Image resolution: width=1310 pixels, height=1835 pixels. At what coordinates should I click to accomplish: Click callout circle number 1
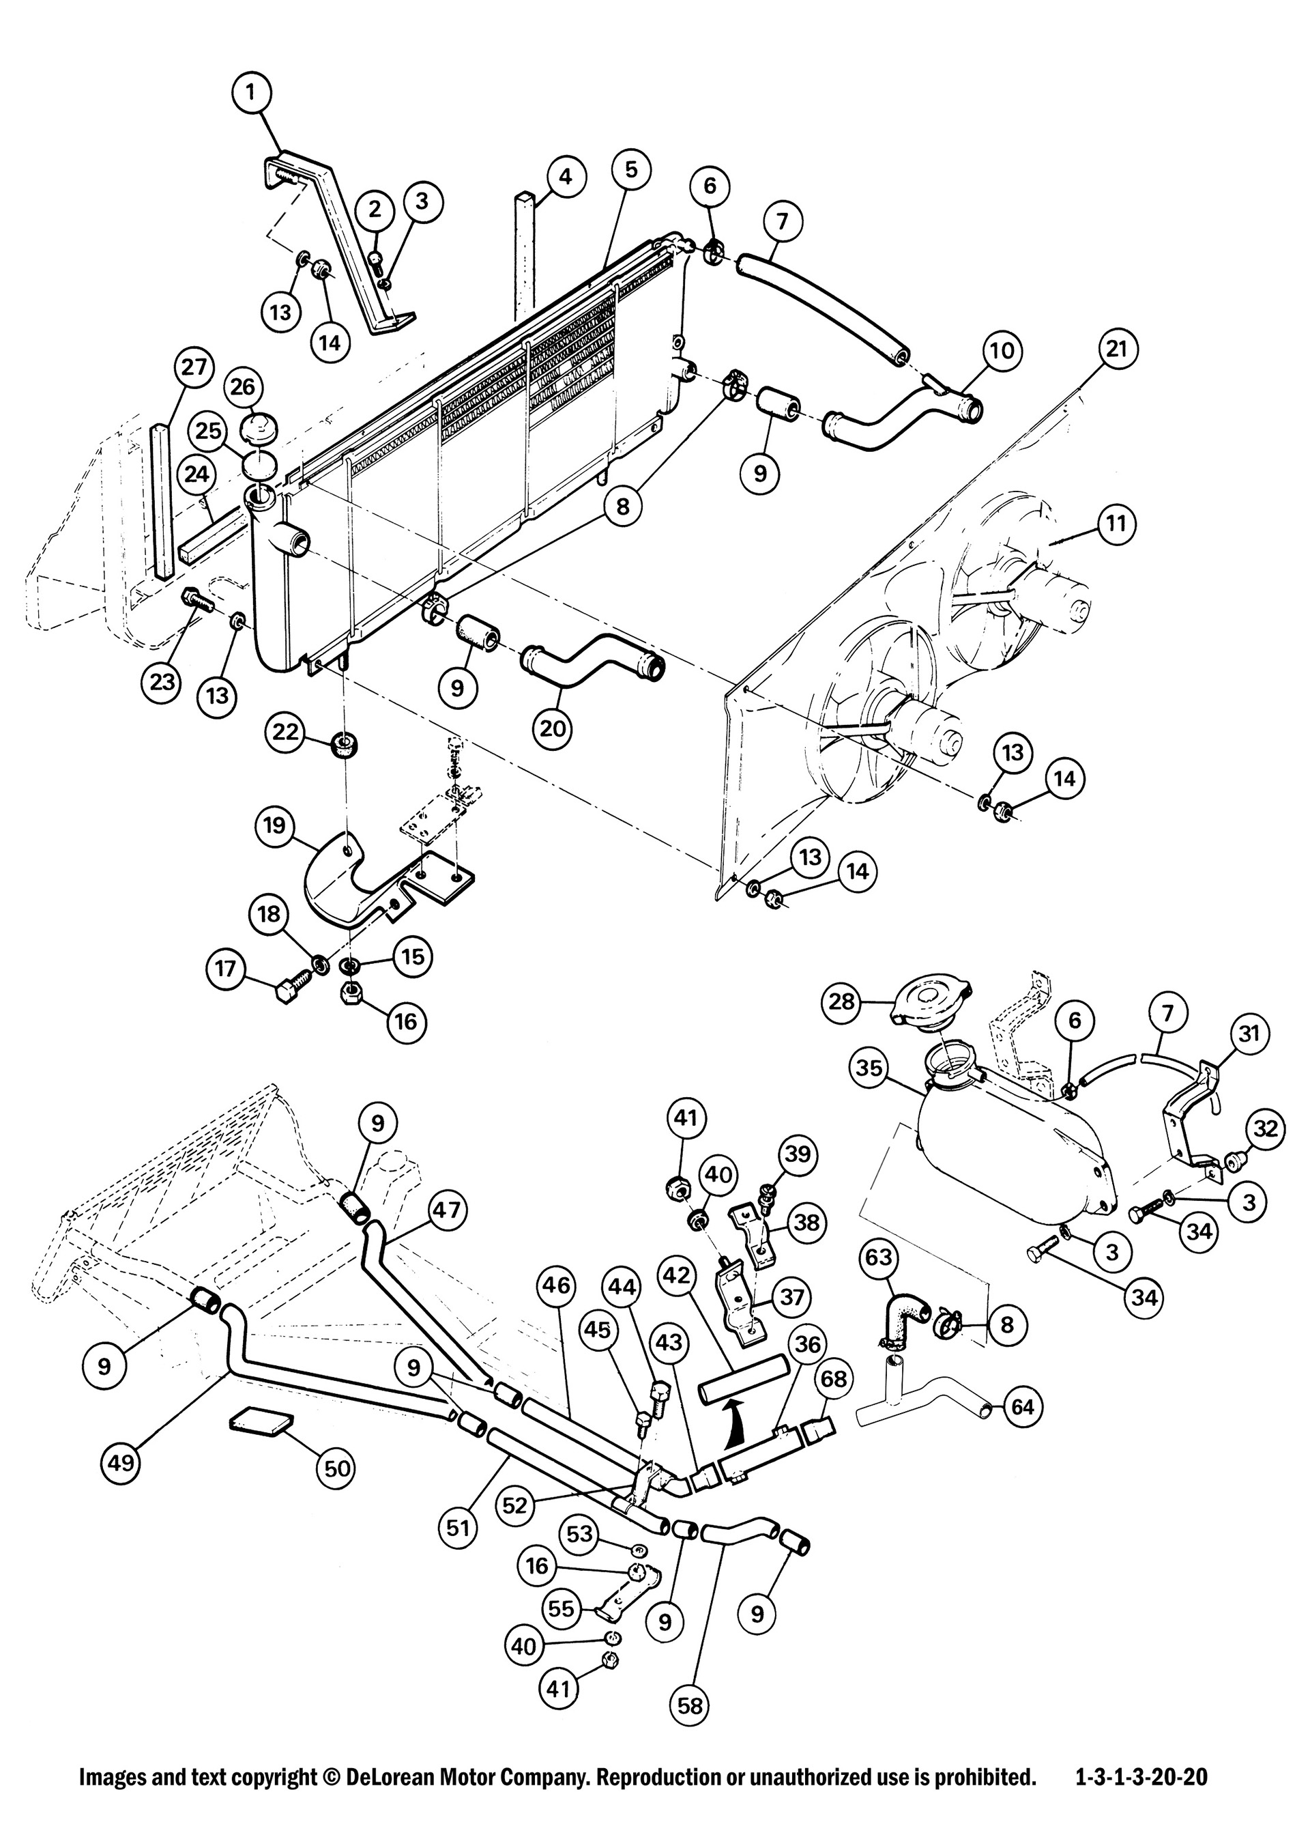[x=251, y=93]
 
